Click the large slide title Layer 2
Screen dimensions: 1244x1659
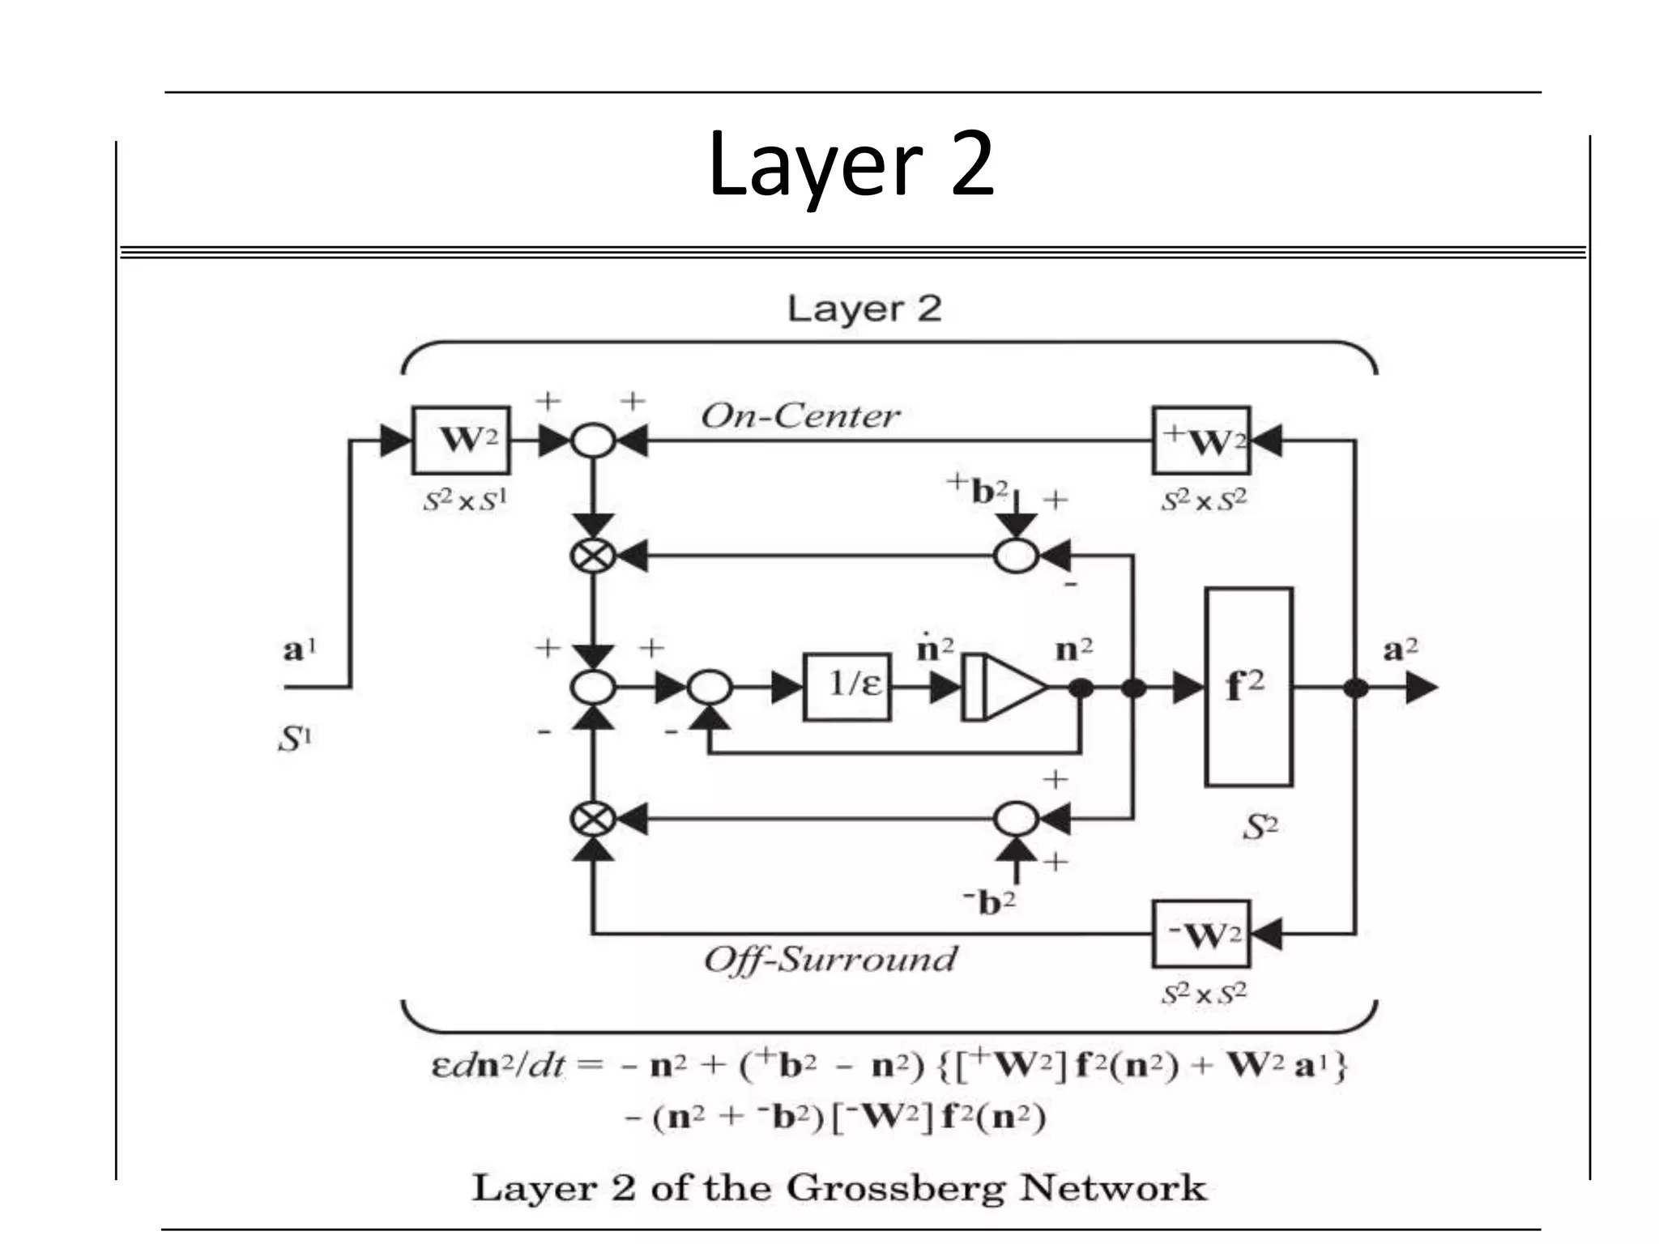(851, 165)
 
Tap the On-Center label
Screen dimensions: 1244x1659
(800, 416)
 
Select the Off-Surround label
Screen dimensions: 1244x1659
(829, 960)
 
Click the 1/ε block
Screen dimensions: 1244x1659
(847, 687)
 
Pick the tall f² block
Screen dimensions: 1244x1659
(1247, 687)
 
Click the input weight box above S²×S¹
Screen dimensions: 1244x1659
(461, 441)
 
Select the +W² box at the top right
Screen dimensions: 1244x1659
(1201, 441)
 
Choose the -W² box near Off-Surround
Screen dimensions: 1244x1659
(1201, 935)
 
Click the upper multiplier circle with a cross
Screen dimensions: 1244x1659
(593, 556)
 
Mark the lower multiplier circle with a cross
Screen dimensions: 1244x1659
(593, 819)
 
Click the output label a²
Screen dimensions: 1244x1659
(1400, 649)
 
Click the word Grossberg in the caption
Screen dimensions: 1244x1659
(896, 1188)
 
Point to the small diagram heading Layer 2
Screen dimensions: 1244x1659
(864, 309)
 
